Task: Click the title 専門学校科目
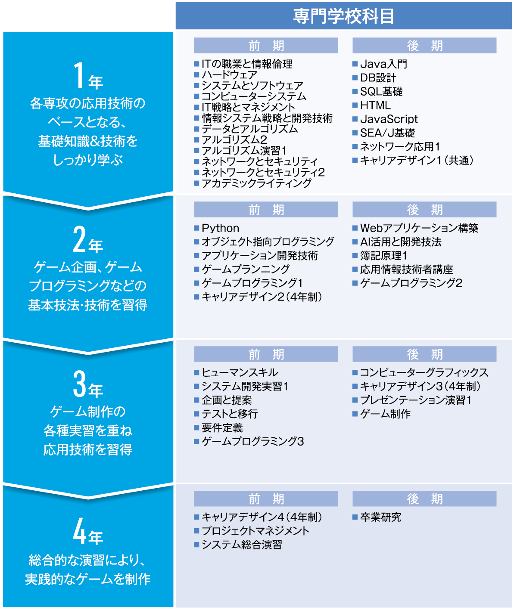click(x=343, y=16)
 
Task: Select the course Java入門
click(x=383, y=64)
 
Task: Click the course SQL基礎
click(x=381, y=91)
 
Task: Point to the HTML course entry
click(x=375, y=105)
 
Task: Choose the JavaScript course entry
click(x=389, y=119)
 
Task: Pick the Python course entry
click(x=221, y=228)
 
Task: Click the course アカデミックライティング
click(x=256, y=183)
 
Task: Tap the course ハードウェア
click(x=230, y=75)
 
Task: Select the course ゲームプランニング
click(x=246, y=269)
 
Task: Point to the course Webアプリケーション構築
click(x=419, y=228)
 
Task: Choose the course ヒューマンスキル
click(x=240, y=372)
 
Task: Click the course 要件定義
click(x=222, y=428)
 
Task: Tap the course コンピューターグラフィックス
click(x=424, y=372)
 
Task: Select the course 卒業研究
click(x=380, y=517)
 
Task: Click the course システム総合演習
click(x=242, y=545)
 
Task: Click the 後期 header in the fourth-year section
click(x=424, y=499)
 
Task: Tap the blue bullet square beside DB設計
click(x=355, y=78)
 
